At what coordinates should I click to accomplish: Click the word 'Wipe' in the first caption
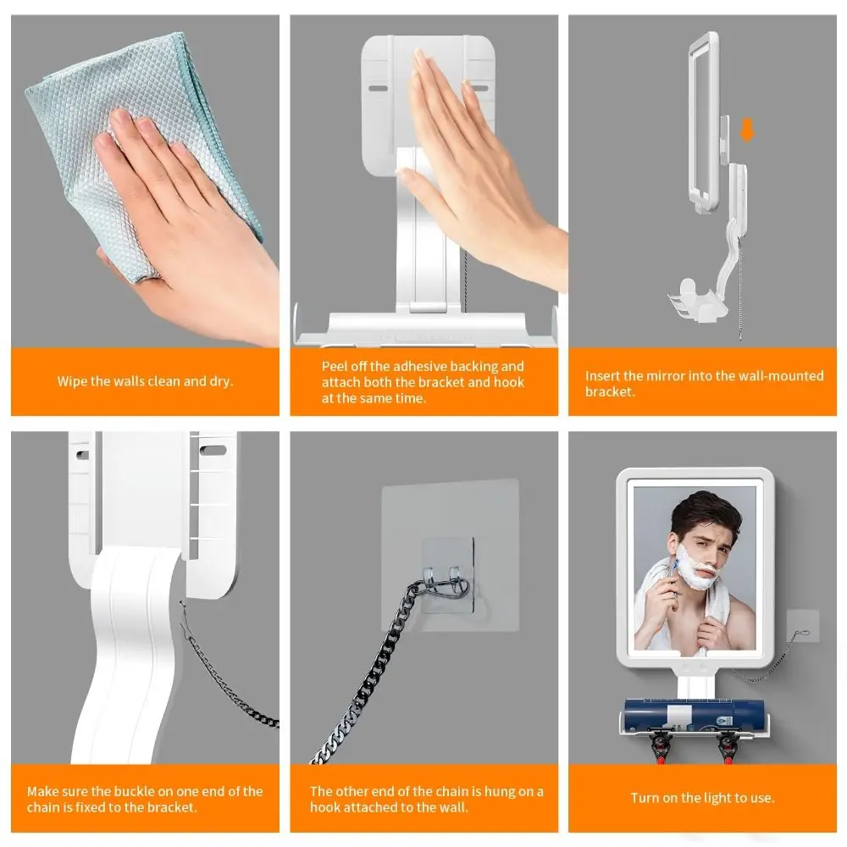(x=72, y=381)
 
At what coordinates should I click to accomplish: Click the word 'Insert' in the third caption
(x=602, y=375)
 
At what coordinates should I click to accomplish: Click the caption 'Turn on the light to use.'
(x=702, y=798)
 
